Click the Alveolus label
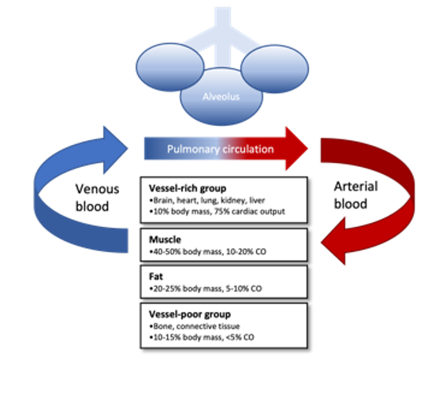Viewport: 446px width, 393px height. coord(221,97)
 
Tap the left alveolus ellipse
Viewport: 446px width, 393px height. coord(170,68)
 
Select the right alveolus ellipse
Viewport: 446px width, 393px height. coord(275,69)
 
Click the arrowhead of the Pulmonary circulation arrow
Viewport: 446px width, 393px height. coord(296,148)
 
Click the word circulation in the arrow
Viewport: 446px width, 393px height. coord(248,149)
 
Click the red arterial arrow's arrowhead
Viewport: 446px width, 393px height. coord(333,242)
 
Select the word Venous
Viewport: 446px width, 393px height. coord(97,189)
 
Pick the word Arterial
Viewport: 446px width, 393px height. coord(356,187)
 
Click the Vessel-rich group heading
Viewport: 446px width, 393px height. coord(188,188)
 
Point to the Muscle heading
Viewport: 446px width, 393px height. coord(165,239)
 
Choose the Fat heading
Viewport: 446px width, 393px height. coord(156,276)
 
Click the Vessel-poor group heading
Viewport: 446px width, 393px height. coord(190,314)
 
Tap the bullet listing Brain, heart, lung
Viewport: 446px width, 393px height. coord(206,201)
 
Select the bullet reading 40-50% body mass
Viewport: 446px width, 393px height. coord(208,252)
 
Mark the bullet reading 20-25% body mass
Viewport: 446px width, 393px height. coord(206,288)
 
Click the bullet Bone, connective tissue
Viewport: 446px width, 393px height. coord(195,326)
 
